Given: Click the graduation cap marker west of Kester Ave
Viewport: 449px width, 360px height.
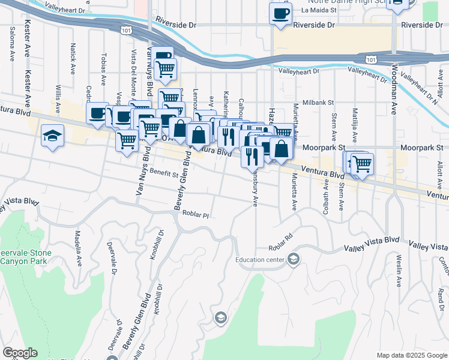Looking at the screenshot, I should click(x=53, y=136).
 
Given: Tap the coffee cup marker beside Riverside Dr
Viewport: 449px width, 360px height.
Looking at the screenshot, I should click(x=280, y=14).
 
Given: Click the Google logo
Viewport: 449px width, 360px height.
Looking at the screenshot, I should click(x=20, y=353).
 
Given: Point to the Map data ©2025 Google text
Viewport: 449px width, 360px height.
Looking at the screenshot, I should click(x=411, y=355).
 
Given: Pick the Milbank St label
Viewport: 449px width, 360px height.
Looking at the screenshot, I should click(x=318, y=103).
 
